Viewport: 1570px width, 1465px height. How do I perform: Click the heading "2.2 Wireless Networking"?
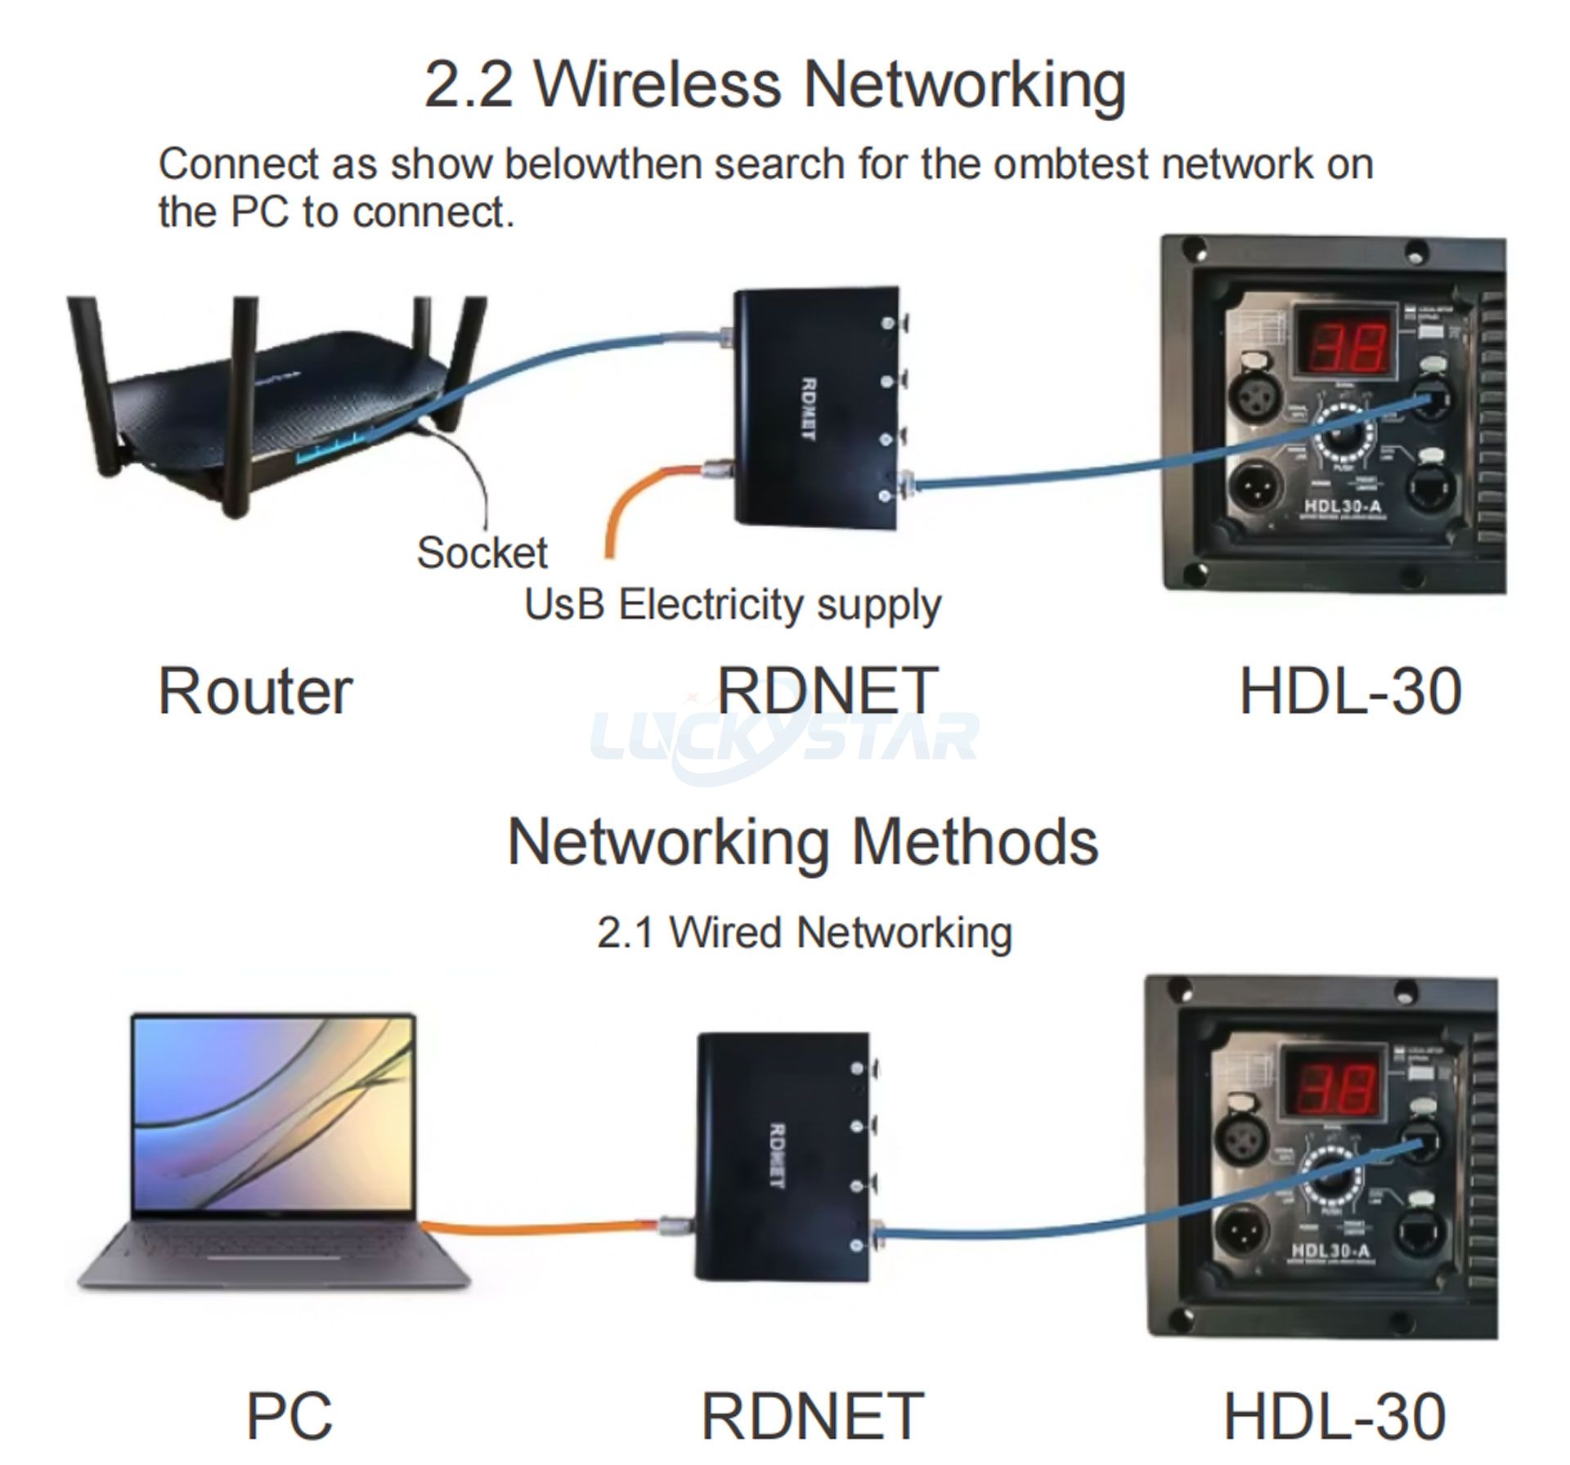pyautogui.click(x=774, y=85)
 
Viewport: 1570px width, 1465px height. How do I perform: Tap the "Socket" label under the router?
pyautogui.click(x=482, y=553)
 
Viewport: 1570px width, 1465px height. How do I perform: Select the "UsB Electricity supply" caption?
pyautogui.click(x=733, y=605)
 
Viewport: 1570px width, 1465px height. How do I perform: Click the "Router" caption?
pyautogui.click(x=254, y=692)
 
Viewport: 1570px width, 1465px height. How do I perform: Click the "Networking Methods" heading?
pyautogui.click(x=802, y=842)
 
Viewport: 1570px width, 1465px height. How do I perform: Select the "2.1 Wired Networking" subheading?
pyautogui.click(x=805, y=933)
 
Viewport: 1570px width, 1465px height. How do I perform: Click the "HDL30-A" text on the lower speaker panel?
pyautogui.click(x=1330, y=1251)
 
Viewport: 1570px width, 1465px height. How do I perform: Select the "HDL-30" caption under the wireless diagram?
pyautogui.click(x=1350, y=692)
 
